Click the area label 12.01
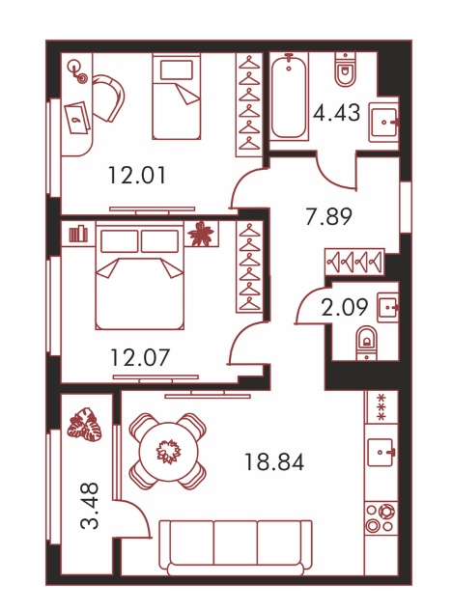tap(137, 176)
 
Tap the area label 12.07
tap(140, 357)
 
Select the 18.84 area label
tap(274, 462)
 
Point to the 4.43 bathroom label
tap(336, 112)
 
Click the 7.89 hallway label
tap(329, 216)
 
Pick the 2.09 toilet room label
tap(345, 307)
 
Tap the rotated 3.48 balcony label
tap(90, 506)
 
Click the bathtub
tap(289, 97)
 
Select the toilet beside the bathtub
tap(346, 70)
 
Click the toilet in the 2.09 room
tap(367, 343)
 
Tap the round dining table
tap(168, 451)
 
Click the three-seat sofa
tap(236, 547)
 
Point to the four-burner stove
tap(381, 518)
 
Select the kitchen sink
tap(381, 452)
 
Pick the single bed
tap(177, 97)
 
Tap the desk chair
tap(108, 97)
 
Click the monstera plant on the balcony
tap(85, 425)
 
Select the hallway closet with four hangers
tap(354, 262)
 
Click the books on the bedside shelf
tap(78, 234)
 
